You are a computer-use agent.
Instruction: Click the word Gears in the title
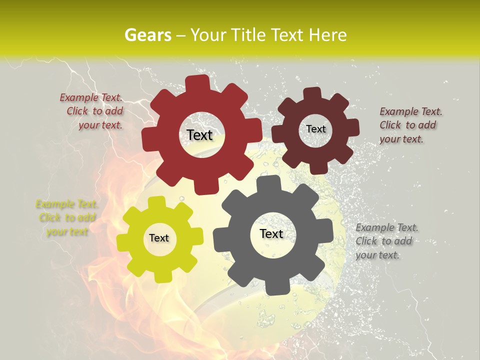147,34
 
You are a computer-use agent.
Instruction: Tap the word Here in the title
328,34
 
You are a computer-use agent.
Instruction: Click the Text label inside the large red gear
199,135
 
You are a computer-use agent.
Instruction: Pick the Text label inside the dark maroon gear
316,129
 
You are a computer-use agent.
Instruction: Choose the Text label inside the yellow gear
159,238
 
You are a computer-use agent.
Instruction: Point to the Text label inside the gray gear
271,233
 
